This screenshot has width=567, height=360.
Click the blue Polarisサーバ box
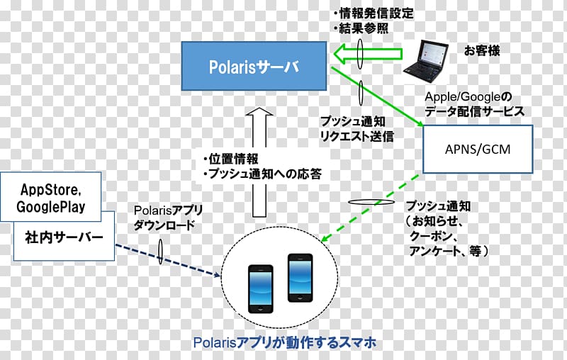[254, 66]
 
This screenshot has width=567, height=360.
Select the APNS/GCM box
[478, 149]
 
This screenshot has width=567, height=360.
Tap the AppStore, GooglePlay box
[50, 197]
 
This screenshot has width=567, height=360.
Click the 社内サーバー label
[64, 237]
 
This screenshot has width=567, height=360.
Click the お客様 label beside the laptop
[482, 50]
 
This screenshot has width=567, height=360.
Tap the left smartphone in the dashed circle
[260, 289]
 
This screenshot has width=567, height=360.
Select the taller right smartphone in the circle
[300, 278]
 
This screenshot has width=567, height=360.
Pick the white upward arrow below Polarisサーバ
[259, 162]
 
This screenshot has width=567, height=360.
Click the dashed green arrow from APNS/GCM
[370, 208]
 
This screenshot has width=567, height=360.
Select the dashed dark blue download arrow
[168, 260]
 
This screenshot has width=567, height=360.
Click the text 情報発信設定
[376, 13]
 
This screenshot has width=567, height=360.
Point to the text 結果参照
[364, 28]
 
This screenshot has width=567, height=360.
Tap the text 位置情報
[233, 159]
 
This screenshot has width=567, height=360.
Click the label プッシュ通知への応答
[265, 174]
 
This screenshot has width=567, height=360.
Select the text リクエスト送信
[357, 136]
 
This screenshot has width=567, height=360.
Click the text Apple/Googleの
[468, 96]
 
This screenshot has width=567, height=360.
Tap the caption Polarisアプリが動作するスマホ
[285, 342]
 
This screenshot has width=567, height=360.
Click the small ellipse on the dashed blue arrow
[160, 251]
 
